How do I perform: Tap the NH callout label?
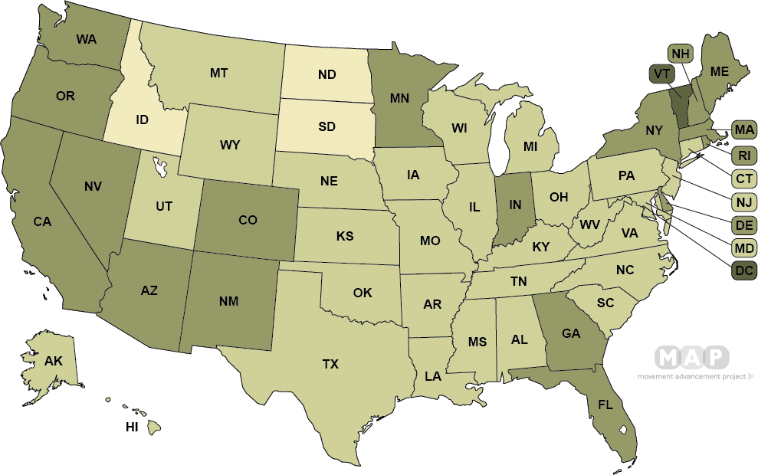pyautogui.click(x=681, y=54)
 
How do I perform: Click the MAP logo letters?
pyautogui.click(x=691, y=358)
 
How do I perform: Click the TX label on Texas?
pyautogui.click(x=330, y=365)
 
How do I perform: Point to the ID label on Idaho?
pyautogui.click(x=142, y=120)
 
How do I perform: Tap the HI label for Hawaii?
pyautogui.click(x=132, y=427)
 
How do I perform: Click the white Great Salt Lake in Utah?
pyautogui.click(x=161, y=165)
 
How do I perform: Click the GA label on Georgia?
pyautogui.click(x=570, y=333)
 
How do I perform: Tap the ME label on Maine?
pyautogui.click(x=720, y=71)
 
